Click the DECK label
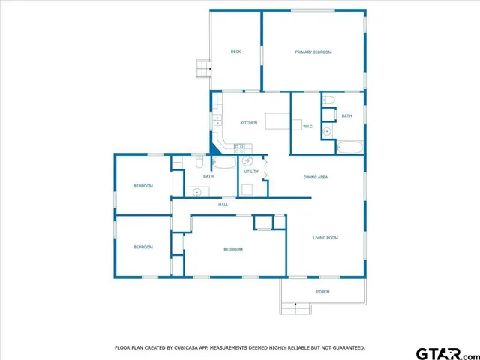click(x=235, y=52)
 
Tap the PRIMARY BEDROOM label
click(x=313, y=52)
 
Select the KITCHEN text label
click(x=249, y=123)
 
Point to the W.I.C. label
click(x=307, y=127)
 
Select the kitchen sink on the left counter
click(x=217, y=119)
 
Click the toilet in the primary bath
click(x=328, y=100)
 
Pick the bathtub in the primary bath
click(x=349, y=147)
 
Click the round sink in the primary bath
click(x=327, y=132)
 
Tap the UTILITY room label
click(x=251, y=172)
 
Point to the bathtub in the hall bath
click(x=224, y=162)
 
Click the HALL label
click(x=223, y=205)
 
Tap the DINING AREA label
click(x=316, y=177)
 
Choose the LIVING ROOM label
click(x=325, y=238)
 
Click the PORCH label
click(x=322, y=291)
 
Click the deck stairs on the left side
click(x=202, y=69)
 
